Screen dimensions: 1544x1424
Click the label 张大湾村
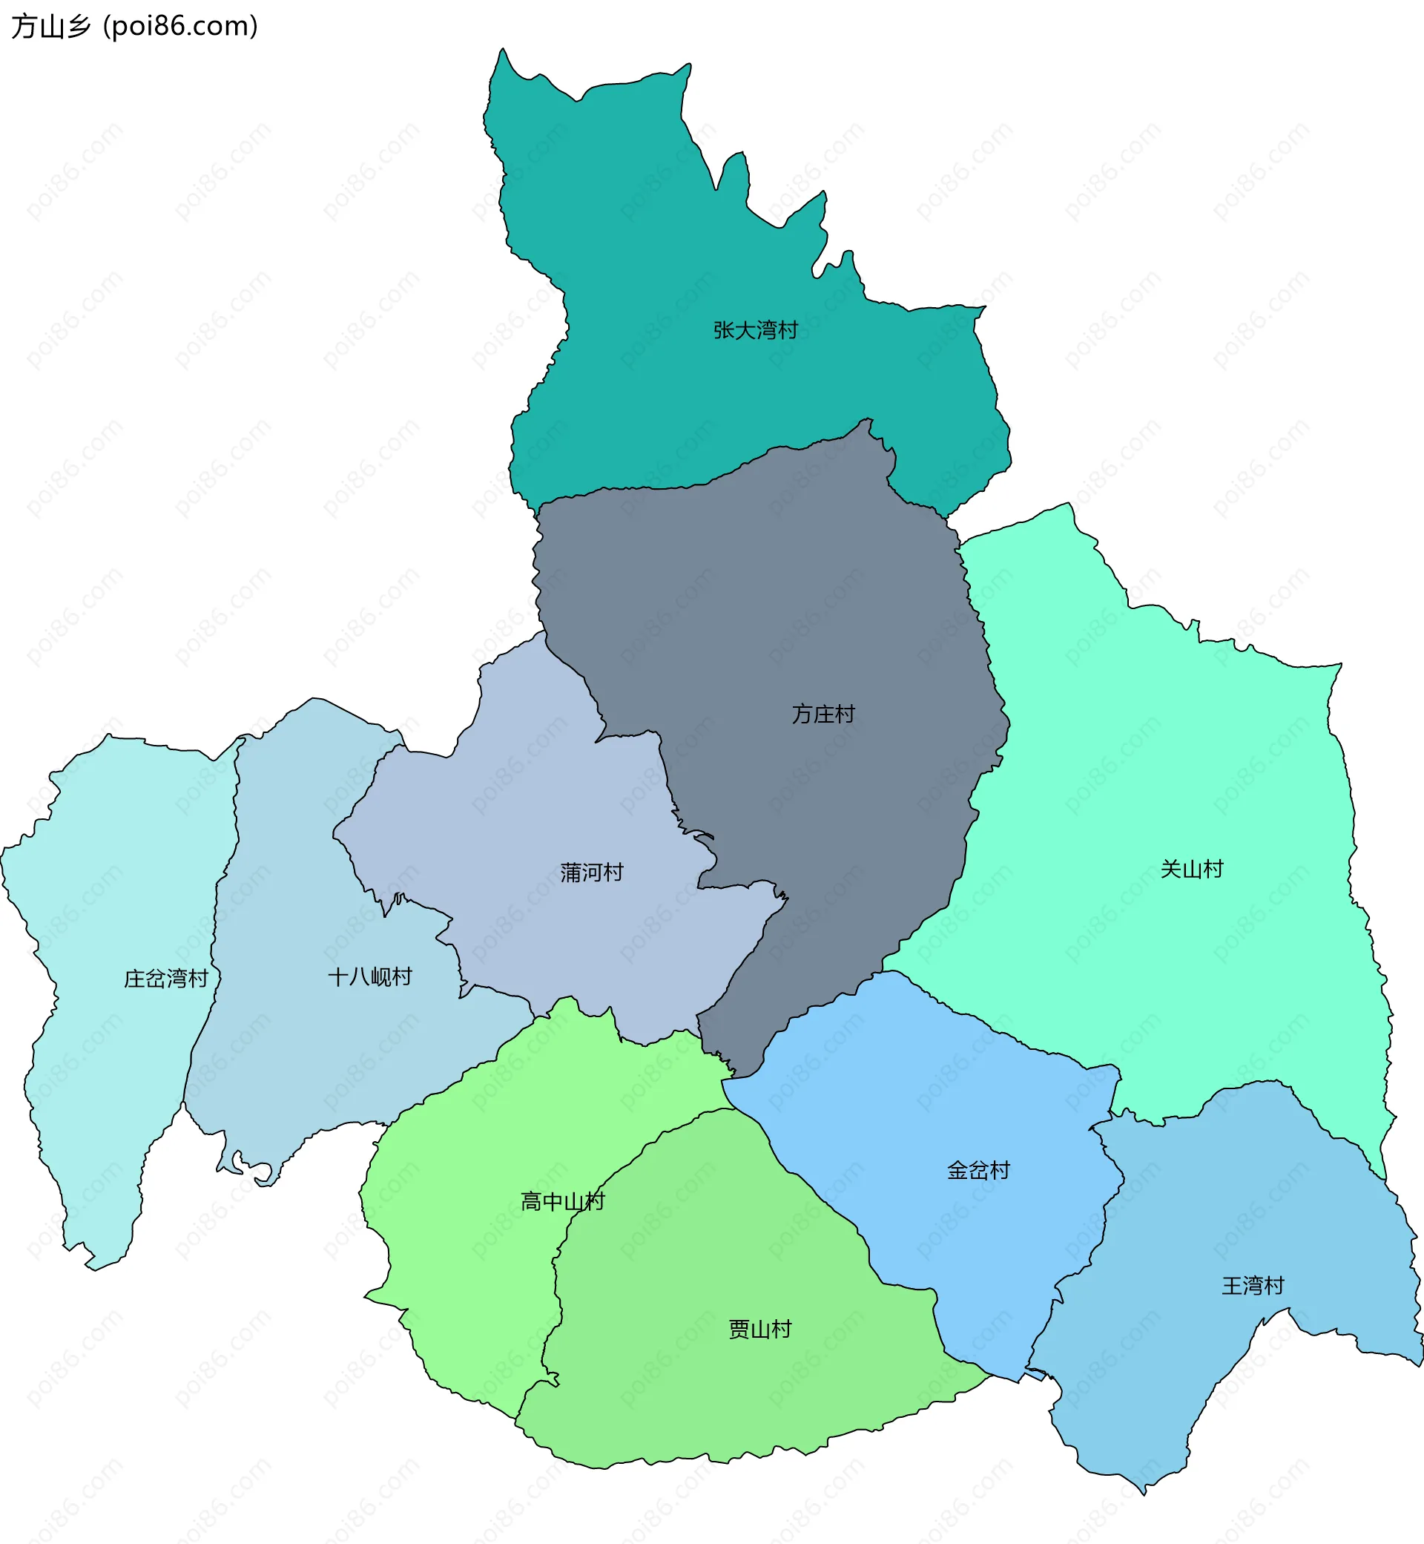coord(755,330)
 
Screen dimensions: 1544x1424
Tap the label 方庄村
coord(823,714)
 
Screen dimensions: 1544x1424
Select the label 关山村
coord(1191,870)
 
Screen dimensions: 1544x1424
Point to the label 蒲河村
coord(591,873)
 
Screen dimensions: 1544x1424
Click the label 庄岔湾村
coord(165,979)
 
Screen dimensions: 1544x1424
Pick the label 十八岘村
coord(370,977)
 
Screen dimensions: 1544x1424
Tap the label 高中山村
coord(562,1202)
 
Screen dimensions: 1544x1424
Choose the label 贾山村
coord(759,1330)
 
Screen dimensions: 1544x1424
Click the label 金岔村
coord(978,1171)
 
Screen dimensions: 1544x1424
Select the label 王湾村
coord(1252,1286)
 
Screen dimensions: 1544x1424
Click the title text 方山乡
coord(51,26)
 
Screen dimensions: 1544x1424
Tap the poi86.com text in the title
coord(181,26)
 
